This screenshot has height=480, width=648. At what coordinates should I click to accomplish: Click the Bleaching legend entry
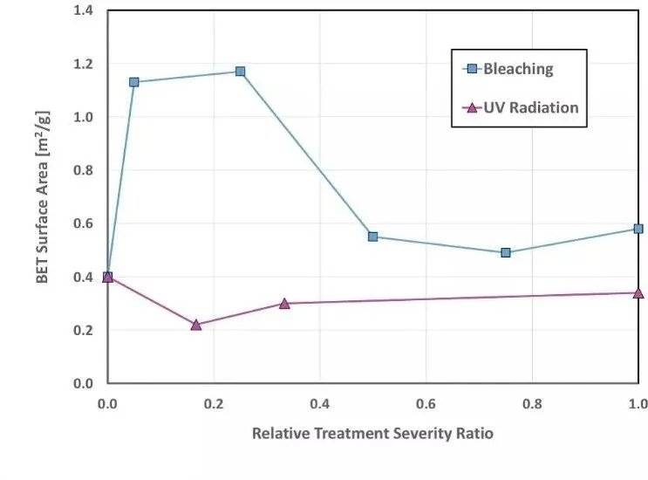pos(518,68)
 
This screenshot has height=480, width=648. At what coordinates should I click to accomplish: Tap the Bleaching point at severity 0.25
pos(240,72)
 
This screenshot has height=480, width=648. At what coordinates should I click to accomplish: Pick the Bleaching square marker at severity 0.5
pos(372,237)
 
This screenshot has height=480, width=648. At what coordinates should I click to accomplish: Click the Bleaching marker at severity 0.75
pos(506,252)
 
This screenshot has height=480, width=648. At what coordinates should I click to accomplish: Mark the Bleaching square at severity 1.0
pos(638,229)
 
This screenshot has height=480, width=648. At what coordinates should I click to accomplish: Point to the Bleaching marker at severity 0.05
pos(134,82)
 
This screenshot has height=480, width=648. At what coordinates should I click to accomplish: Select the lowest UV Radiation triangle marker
pos(195,325)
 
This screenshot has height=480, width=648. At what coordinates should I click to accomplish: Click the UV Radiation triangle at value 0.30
pos(284,304)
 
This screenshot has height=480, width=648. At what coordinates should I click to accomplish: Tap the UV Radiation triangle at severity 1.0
pos(638,293)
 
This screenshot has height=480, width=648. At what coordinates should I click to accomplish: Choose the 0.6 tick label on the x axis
pos(426,404)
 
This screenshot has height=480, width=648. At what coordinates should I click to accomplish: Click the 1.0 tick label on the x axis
pos(638,404)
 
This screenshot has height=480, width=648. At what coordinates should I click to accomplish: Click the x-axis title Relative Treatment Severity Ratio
pos(372,434)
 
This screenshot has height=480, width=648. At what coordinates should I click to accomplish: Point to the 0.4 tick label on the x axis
pos(319,404)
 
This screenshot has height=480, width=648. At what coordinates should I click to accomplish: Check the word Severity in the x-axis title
pos(419,434)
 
